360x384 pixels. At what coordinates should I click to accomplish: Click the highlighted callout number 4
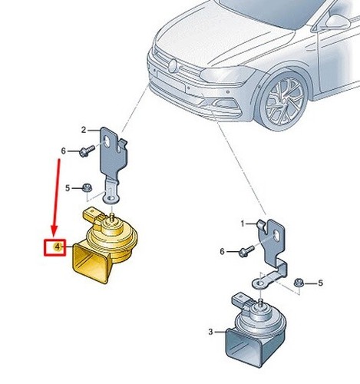[57, 247]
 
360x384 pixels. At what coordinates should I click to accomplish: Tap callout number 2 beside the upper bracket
[84, 130]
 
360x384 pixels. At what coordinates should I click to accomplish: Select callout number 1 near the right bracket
[243, 224]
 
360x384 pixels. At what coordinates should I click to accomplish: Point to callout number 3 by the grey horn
[210, 332]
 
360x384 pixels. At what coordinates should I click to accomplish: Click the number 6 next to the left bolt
[63, 151]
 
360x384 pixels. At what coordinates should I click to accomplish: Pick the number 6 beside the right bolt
[222, 251]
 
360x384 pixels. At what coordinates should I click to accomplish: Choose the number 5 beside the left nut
[68, 188]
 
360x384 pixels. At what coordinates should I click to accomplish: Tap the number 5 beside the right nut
[320, 283]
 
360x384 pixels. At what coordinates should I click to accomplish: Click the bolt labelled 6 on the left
[87, 151]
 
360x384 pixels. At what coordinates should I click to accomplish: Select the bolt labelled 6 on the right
[246, 251]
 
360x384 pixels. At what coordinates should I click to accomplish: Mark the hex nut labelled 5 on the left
[88, 188]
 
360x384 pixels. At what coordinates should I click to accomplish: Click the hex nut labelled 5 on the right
[299, 283]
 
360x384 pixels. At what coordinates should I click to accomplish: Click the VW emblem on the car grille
[172, 66]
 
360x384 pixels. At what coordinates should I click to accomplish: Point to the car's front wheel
[283, 101]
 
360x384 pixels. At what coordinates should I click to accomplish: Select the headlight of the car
[227, 74]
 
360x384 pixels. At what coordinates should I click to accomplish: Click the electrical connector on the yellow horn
[91, 215]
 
